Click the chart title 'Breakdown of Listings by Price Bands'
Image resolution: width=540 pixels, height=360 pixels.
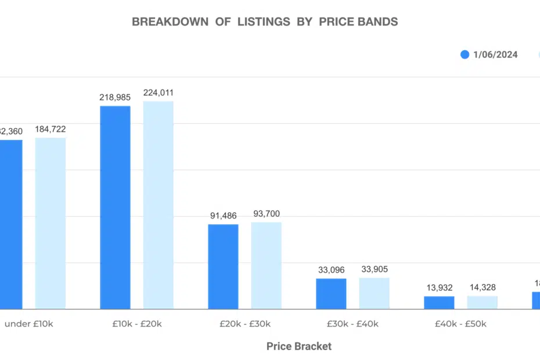point(265,22)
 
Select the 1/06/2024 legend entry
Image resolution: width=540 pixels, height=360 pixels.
point(489,55)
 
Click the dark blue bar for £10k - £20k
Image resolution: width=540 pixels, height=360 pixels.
point(115,207)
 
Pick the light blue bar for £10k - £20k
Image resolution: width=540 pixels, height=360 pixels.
point(158,205)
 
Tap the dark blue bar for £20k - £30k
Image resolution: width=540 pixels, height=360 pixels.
point(223,267)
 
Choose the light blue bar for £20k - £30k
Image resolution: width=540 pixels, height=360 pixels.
point(266,265)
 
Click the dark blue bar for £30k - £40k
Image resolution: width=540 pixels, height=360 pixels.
point(331,294)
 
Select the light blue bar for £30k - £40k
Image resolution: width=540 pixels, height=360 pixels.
point(374,293)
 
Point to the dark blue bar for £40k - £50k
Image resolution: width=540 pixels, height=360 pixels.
point(439,303)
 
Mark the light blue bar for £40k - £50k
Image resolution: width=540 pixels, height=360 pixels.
point(482,303)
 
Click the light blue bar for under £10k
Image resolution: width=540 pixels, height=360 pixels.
point(51,223)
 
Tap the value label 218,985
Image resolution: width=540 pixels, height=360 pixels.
point(115,98)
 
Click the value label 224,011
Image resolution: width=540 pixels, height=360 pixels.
point(158,92)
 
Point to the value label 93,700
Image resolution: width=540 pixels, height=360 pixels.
point(266,214)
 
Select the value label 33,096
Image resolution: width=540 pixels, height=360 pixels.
point(331,270)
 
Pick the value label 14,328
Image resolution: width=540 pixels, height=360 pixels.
point(482,287)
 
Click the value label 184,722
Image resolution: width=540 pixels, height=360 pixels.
point(51,128)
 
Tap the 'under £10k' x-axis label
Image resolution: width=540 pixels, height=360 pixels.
point(28,324)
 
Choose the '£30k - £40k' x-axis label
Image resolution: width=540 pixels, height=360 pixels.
point(352,324)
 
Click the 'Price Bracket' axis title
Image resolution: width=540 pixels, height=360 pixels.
point(299,346)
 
